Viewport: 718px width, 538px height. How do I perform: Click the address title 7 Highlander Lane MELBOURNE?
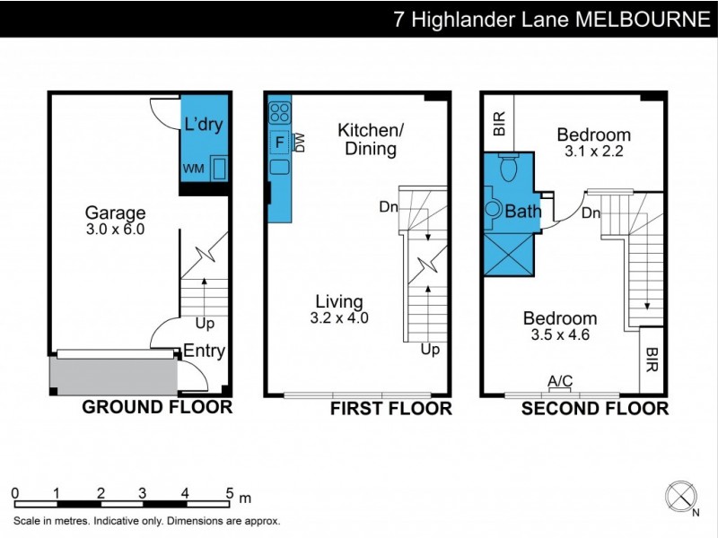(x=551, y=19)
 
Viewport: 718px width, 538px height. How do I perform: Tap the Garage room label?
(x=115, y=213)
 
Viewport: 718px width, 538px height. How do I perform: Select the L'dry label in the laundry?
(x=203, y=125)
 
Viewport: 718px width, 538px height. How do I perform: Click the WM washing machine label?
(x=193, y=169)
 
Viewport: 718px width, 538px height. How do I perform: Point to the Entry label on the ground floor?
(x=204, y=351)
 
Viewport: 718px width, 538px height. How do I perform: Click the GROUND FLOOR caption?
(x=157, y=408)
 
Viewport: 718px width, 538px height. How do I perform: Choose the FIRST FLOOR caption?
(x=390, y=409)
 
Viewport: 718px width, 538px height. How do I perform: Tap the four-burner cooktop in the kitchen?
(x=278, y=113)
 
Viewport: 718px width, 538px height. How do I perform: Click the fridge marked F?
(x=278, y=142)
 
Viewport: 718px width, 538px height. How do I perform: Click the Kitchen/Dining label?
(x=371, y=140)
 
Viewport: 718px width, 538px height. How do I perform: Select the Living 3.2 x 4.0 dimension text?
(x=339, y=317)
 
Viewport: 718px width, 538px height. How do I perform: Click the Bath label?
(x=522, y=213)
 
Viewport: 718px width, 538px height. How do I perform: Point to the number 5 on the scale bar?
(x=230, y=492)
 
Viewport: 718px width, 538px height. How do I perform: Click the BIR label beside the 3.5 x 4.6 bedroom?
(x=651, y=360)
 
